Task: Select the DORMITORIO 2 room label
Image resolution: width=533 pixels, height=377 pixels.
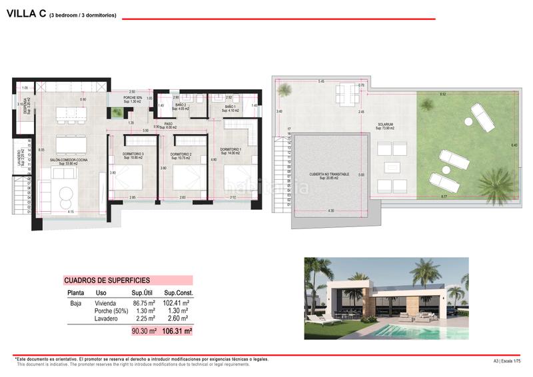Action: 181,156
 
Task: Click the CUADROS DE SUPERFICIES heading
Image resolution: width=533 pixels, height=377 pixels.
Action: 107,281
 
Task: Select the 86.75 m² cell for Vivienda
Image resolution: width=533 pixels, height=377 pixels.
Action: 143,302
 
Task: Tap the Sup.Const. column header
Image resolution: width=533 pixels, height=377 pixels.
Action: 178,293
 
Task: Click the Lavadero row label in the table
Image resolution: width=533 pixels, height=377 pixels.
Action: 107,318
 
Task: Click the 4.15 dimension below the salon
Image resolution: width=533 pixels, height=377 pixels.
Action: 70,212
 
